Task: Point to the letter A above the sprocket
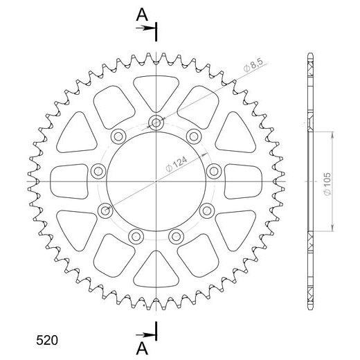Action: (141, 13)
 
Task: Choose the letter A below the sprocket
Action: (141, 349)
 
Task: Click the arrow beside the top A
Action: (147, 28)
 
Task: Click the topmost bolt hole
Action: (157, 124)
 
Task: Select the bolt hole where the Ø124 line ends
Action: (105, 210)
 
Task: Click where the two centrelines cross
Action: (157, 181)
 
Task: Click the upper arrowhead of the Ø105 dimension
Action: (335, 129)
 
